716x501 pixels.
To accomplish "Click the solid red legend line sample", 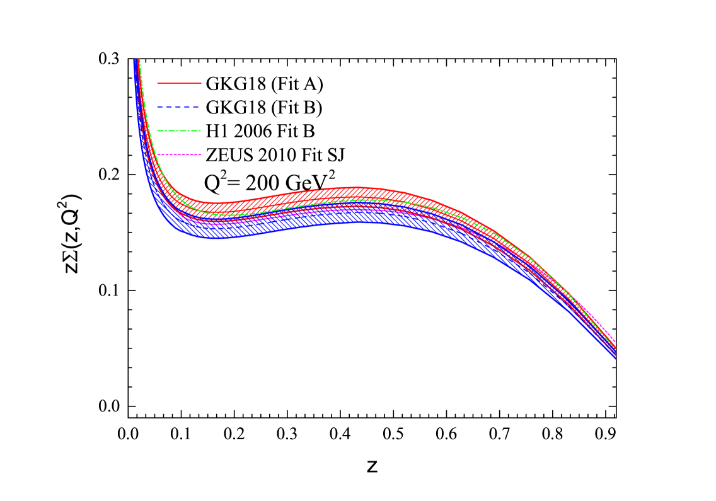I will [x=179, y=83].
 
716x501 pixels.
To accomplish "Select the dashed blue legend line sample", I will [x=179, y=107].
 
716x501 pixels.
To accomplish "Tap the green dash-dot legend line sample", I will [x=179, y=130].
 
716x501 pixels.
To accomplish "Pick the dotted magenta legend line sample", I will [x=179, y=154].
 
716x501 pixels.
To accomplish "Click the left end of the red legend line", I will [x=158, y=83].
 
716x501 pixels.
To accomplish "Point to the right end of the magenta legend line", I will [x=201, y=154].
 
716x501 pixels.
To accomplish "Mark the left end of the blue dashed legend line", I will [x=158, y=107].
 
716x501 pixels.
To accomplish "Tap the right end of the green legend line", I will [x=201, y=130].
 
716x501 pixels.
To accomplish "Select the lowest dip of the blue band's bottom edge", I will [x=214, y=238].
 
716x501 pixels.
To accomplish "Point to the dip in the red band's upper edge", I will [x=217, y=203].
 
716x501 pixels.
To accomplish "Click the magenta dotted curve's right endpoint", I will [x=615, y=341].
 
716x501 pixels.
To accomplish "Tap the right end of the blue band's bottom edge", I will [x=615, y=359].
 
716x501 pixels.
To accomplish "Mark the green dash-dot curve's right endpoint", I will [x=615, y=347].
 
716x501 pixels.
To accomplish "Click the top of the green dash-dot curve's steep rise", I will [x=139, y=60].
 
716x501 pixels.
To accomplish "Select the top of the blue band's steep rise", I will [x=135, y=60].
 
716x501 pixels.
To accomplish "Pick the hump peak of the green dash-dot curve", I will [x=366, y=199].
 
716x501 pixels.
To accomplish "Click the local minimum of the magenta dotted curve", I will [x=217, y=222].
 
